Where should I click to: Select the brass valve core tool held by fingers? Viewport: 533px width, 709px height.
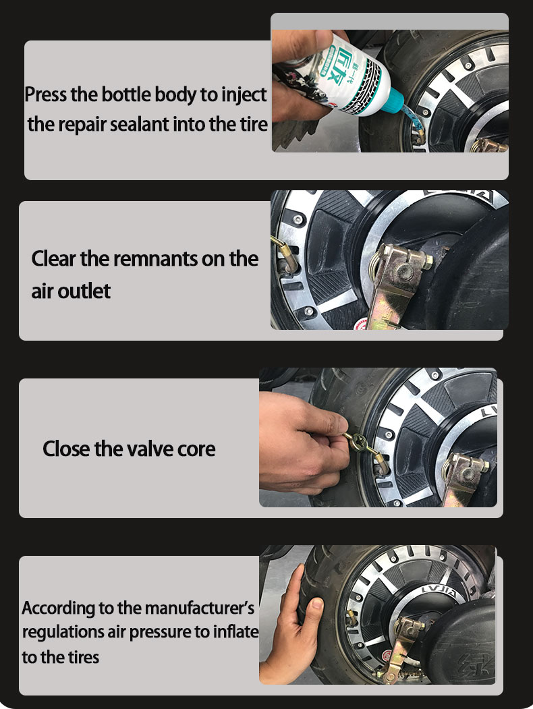tap(362, 445)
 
